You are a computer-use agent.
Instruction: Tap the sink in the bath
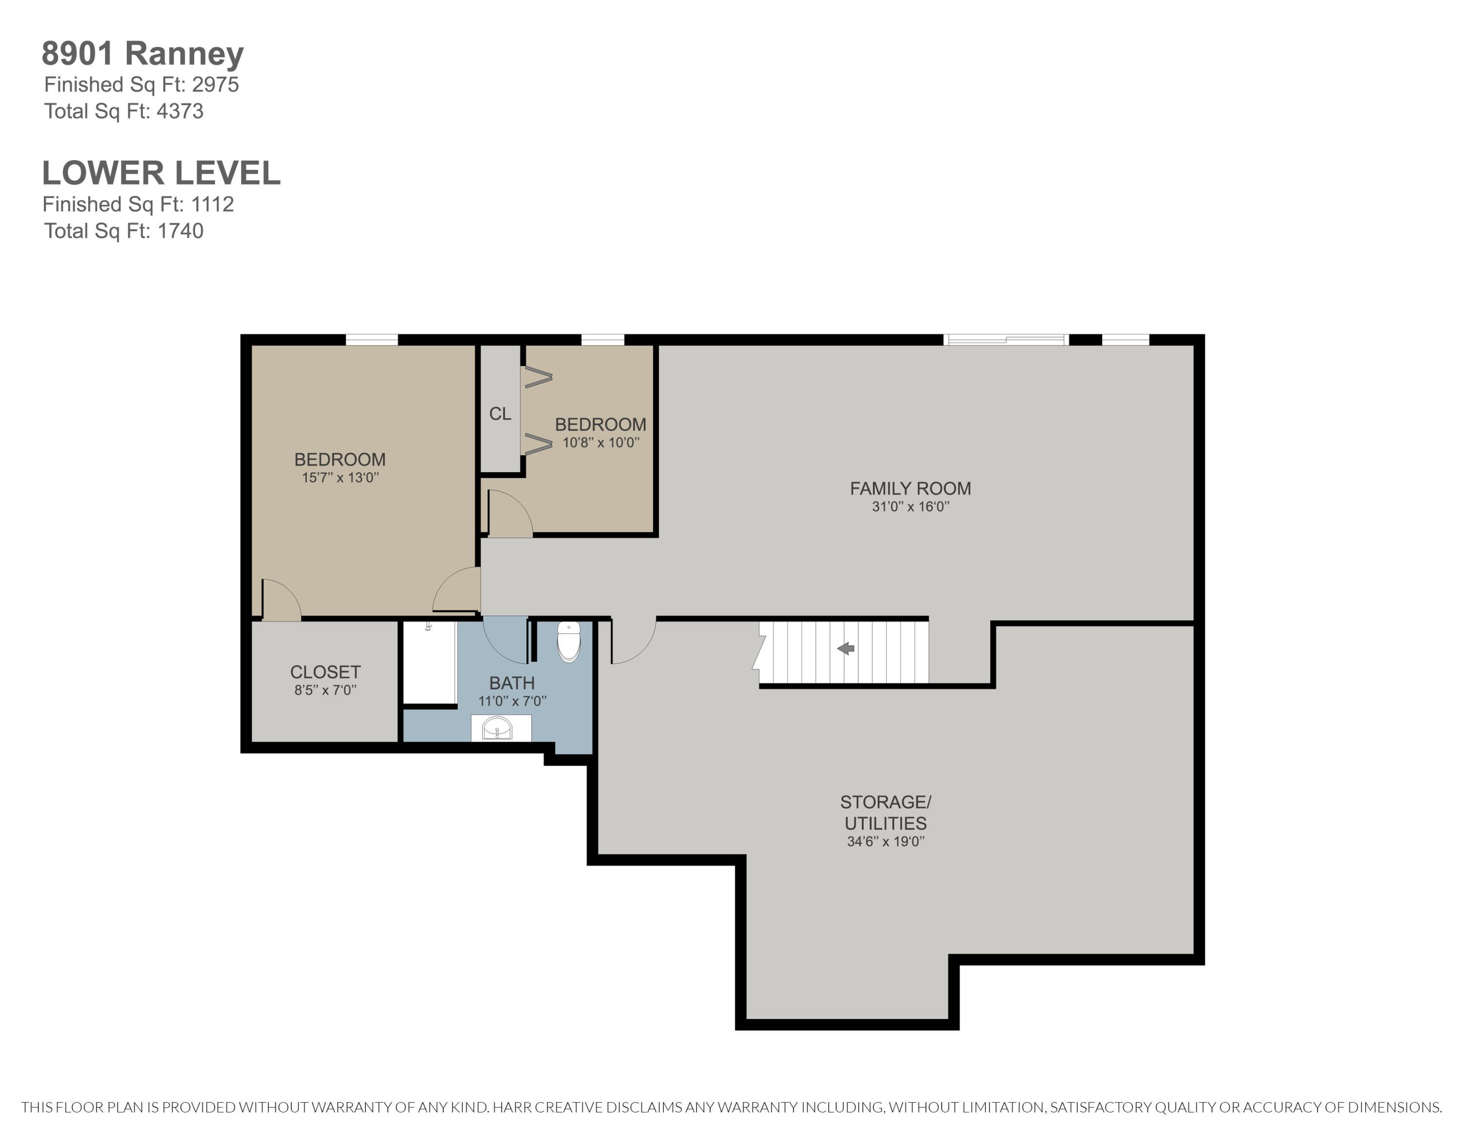pyautogui.click(x=497, y=727)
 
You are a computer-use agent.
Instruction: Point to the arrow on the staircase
pyautogui.click(x=846, y=648)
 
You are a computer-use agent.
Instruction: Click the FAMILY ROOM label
pyautogui.click(x=910, y=488)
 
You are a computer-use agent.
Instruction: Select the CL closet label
pyautogui.click(x=500, y=413)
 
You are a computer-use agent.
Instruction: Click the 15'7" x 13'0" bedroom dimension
pyautogui.click(x=340, y=477)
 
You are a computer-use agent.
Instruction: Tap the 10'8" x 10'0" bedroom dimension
pyautogui.click(x=601, y=442)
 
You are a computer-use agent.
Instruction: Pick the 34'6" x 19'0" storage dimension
pyautogui.click(x=886, y=842)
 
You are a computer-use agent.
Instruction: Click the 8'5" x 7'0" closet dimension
pyautogui.click(x=326, y=690)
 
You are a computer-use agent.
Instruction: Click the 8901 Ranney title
pyautogui.click(x=143, y=54)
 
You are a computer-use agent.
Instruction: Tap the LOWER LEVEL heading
pyautogui.click(x=161, y=173)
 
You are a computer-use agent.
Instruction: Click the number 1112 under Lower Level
pyautogui.click(x=212, y=204)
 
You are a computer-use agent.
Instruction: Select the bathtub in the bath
pyautogui.click(x=429, y=663)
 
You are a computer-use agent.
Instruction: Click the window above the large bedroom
pyautogui.click(x=372, y=340)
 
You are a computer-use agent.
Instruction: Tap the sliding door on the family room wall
pyautogui.click(x=1006, y=340)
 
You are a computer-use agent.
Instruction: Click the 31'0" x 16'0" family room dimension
pyautogui.click(x=910, y=506)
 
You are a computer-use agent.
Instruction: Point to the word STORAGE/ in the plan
pyautogui.click(x=886, y=802)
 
